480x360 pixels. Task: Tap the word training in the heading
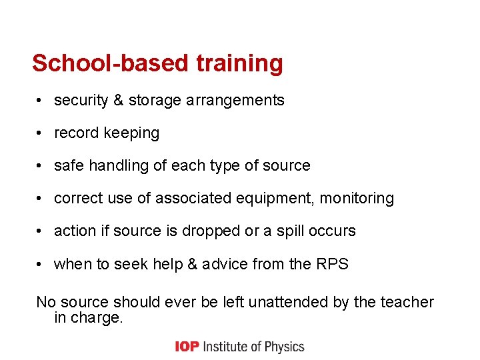pos(239,63)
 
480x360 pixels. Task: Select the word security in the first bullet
pos(81,101)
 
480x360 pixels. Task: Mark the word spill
pos(293,231)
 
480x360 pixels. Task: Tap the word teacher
pos(407,303)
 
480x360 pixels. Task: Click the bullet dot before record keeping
pos(41,133)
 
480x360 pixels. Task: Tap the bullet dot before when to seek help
pos(41,264)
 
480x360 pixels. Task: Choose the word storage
pos(155,101)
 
